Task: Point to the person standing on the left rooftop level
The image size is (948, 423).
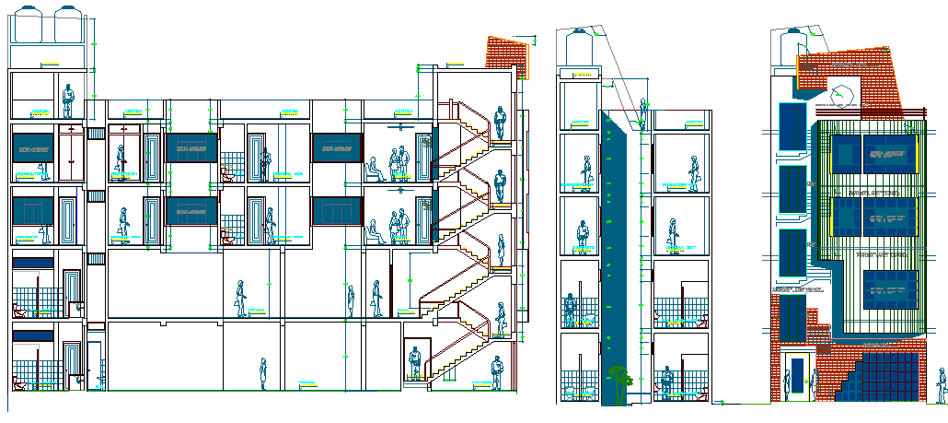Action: [67, 100]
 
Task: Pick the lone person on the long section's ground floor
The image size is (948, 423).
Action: [262, 372]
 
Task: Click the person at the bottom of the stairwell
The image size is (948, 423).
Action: [497, 371]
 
